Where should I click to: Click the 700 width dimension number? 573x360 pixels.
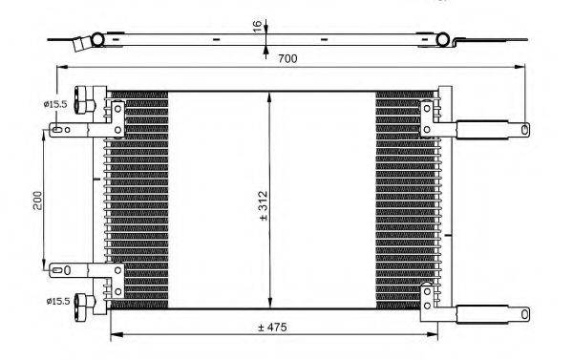pyautogui.click(x=287, y=58)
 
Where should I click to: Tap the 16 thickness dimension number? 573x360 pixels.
pyautogui.click(x=257, y=26)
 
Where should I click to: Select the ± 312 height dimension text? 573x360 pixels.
pyautogui.click(x=264, y=206)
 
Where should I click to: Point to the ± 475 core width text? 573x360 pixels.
pyautogui.click(x=272, y=328)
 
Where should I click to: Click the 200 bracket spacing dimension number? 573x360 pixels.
pyautogui.click(x=38, y=201)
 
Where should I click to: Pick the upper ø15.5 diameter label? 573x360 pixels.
pyautogui.click(x=55, y=104)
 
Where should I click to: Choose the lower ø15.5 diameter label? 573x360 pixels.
pyautogui.click(x=57, y=301)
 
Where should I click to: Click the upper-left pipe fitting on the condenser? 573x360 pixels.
pyautogui.click(x=84, y=99)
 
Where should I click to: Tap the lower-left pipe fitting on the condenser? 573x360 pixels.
pyautogui.click(x=84, y=303)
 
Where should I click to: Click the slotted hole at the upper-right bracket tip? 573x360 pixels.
pyautogui.click(x=524, y=129)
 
